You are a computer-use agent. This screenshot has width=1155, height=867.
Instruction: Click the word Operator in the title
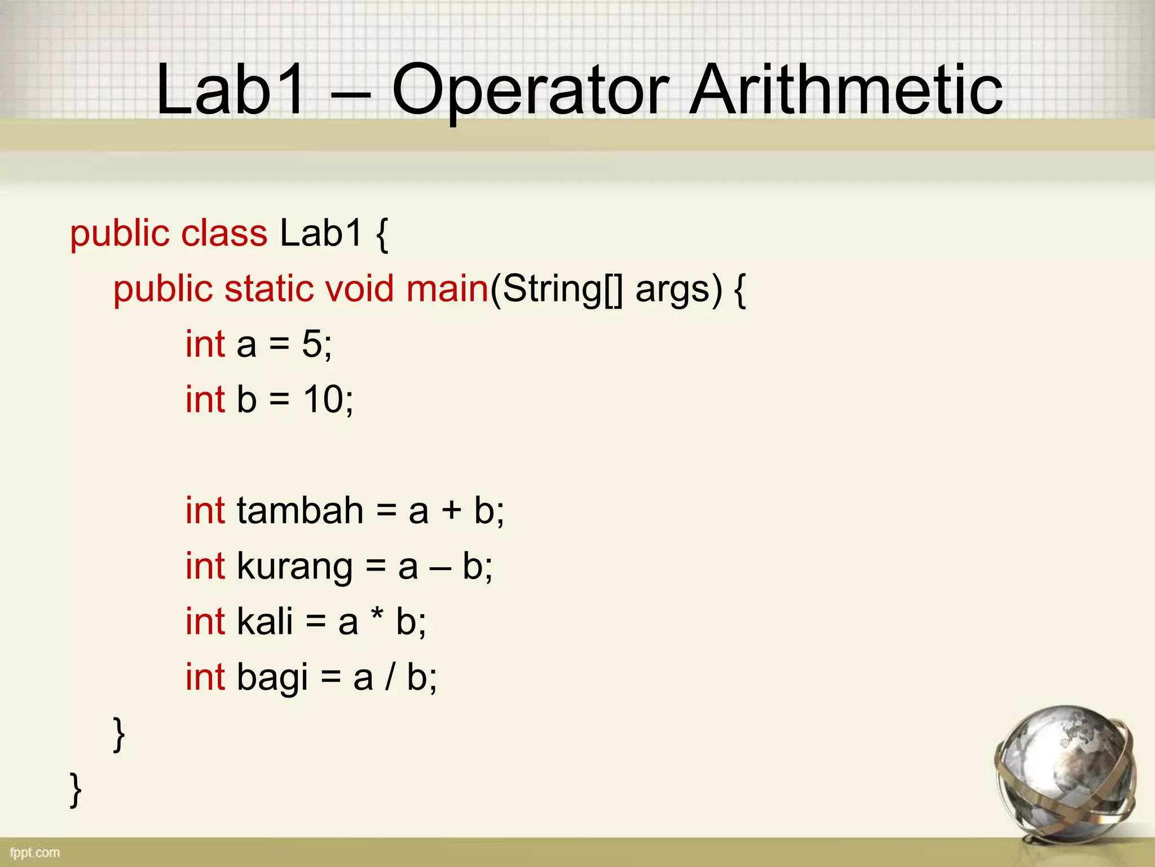530,90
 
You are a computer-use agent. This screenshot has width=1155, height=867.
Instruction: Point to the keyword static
268,288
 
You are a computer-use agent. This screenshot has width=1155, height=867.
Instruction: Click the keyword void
359,288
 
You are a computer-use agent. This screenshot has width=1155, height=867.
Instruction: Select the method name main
447,288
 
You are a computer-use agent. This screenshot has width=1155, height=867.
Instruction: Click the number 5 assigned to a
312,344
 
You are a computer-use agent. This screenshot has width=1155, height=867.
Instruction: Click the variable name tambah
300,510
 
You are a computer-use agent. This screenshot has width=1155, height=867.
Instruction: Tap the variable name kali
265,621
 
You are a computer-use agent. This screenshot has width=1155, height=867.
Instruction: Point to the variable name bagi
272,678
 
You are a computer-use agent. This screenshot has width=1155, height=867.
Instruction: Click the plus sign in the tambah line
451,511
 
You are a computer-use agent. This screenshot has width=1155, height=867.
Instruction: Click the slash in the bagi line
390,677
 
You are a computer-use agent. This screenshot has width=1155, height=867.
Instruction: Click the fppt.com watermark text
34,852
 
